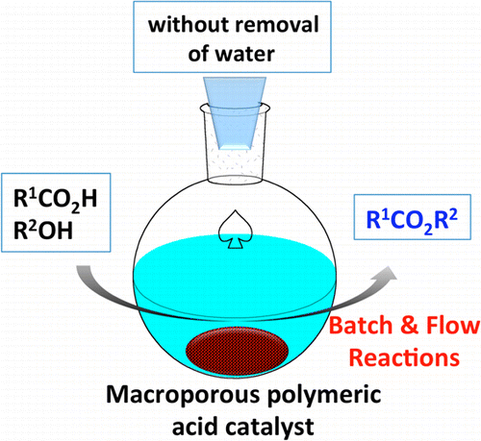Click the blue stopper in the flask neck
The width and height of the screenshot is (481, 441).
coord(235,112)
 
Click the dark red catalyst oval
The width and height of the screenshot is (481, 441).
coord(237,349)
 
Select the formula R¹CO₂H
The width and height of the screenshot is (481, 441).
coord(55,200)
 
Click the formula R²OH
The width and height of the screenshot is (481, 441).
coord(43,230)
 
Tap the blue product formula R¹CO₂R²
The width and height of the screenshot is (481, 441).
coord(412,220)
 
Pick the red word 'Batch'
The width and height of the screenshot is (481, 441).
coord(361,326)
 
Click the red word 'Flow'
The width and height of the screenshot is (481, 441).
coord(452,326)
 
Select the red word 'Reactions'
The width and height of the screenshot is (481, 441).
coord(404,357)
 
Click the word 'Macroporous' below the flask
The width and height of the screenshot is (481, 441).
coord(183,395)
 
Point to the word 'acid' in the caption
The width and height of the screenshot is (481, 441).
coord(192,427)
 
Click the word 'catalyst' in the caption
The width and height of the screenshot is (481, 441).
coord(266,428)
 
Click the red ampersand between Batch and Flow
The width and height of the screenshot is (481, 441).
coord(410,326)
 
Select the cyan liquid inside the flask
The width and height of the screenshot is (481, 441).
coord(235,288)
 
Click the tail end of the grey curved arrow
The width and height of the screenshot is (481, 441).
coord(83,269)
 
